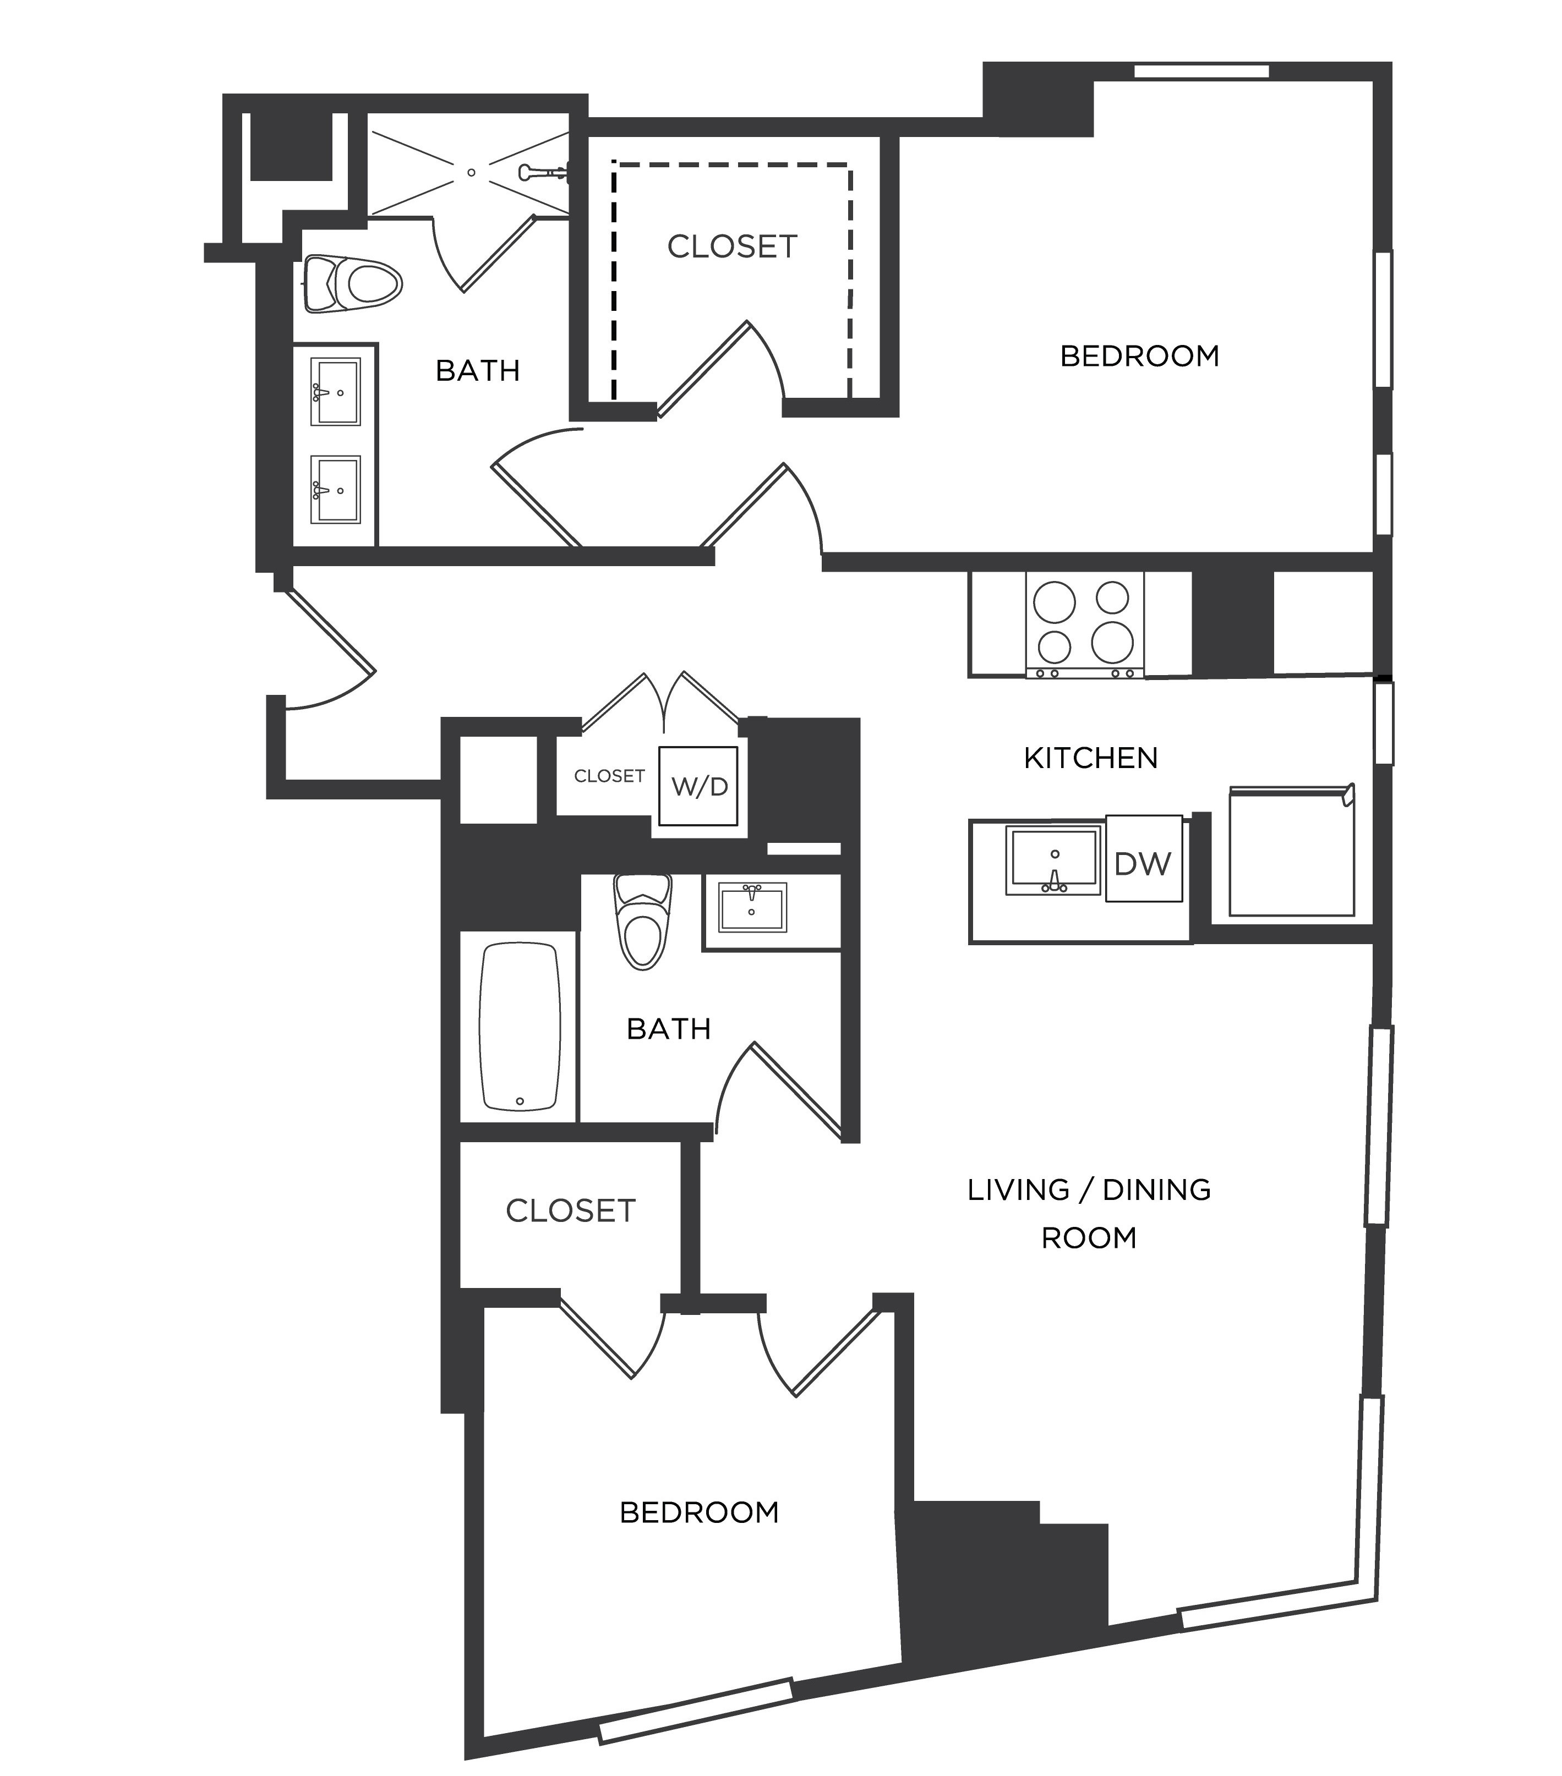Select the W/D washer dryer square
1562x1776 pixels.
[699, 786]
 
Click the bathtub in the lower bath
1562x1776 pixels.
[519, 1027]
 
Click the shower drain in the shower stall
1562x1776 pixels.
[471, 172]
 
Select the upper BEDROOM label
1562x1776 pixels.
[1139, 356]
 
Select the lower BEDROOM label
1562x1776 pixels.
[699, 1512]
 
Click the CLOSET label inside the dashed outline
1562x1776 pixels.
[732, 248]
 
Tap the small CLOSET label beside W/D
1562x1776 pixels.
[609, 776]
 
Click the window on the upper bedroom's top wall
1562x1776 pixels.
[1201, 71]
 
